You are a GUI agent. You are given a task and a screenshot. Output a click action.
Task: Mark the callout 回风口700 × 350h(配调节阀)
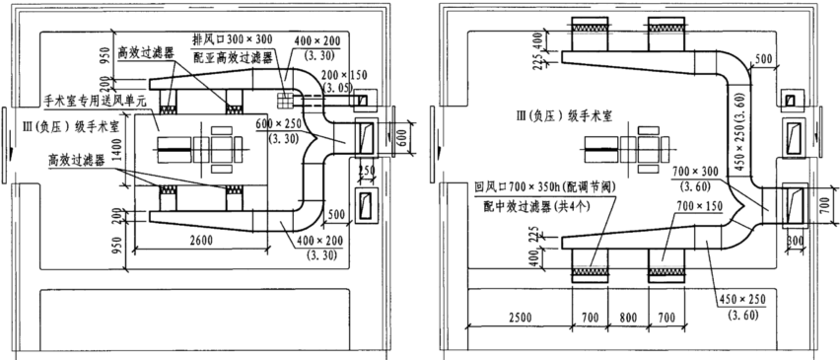(x=541, y=184)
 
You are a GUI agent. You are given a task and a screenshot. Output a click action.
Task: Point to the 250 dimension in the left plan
(x=365, y=171)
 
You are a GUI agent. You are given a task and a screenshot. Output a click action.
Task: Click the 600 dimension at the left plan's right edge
(x=400, y=138)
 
